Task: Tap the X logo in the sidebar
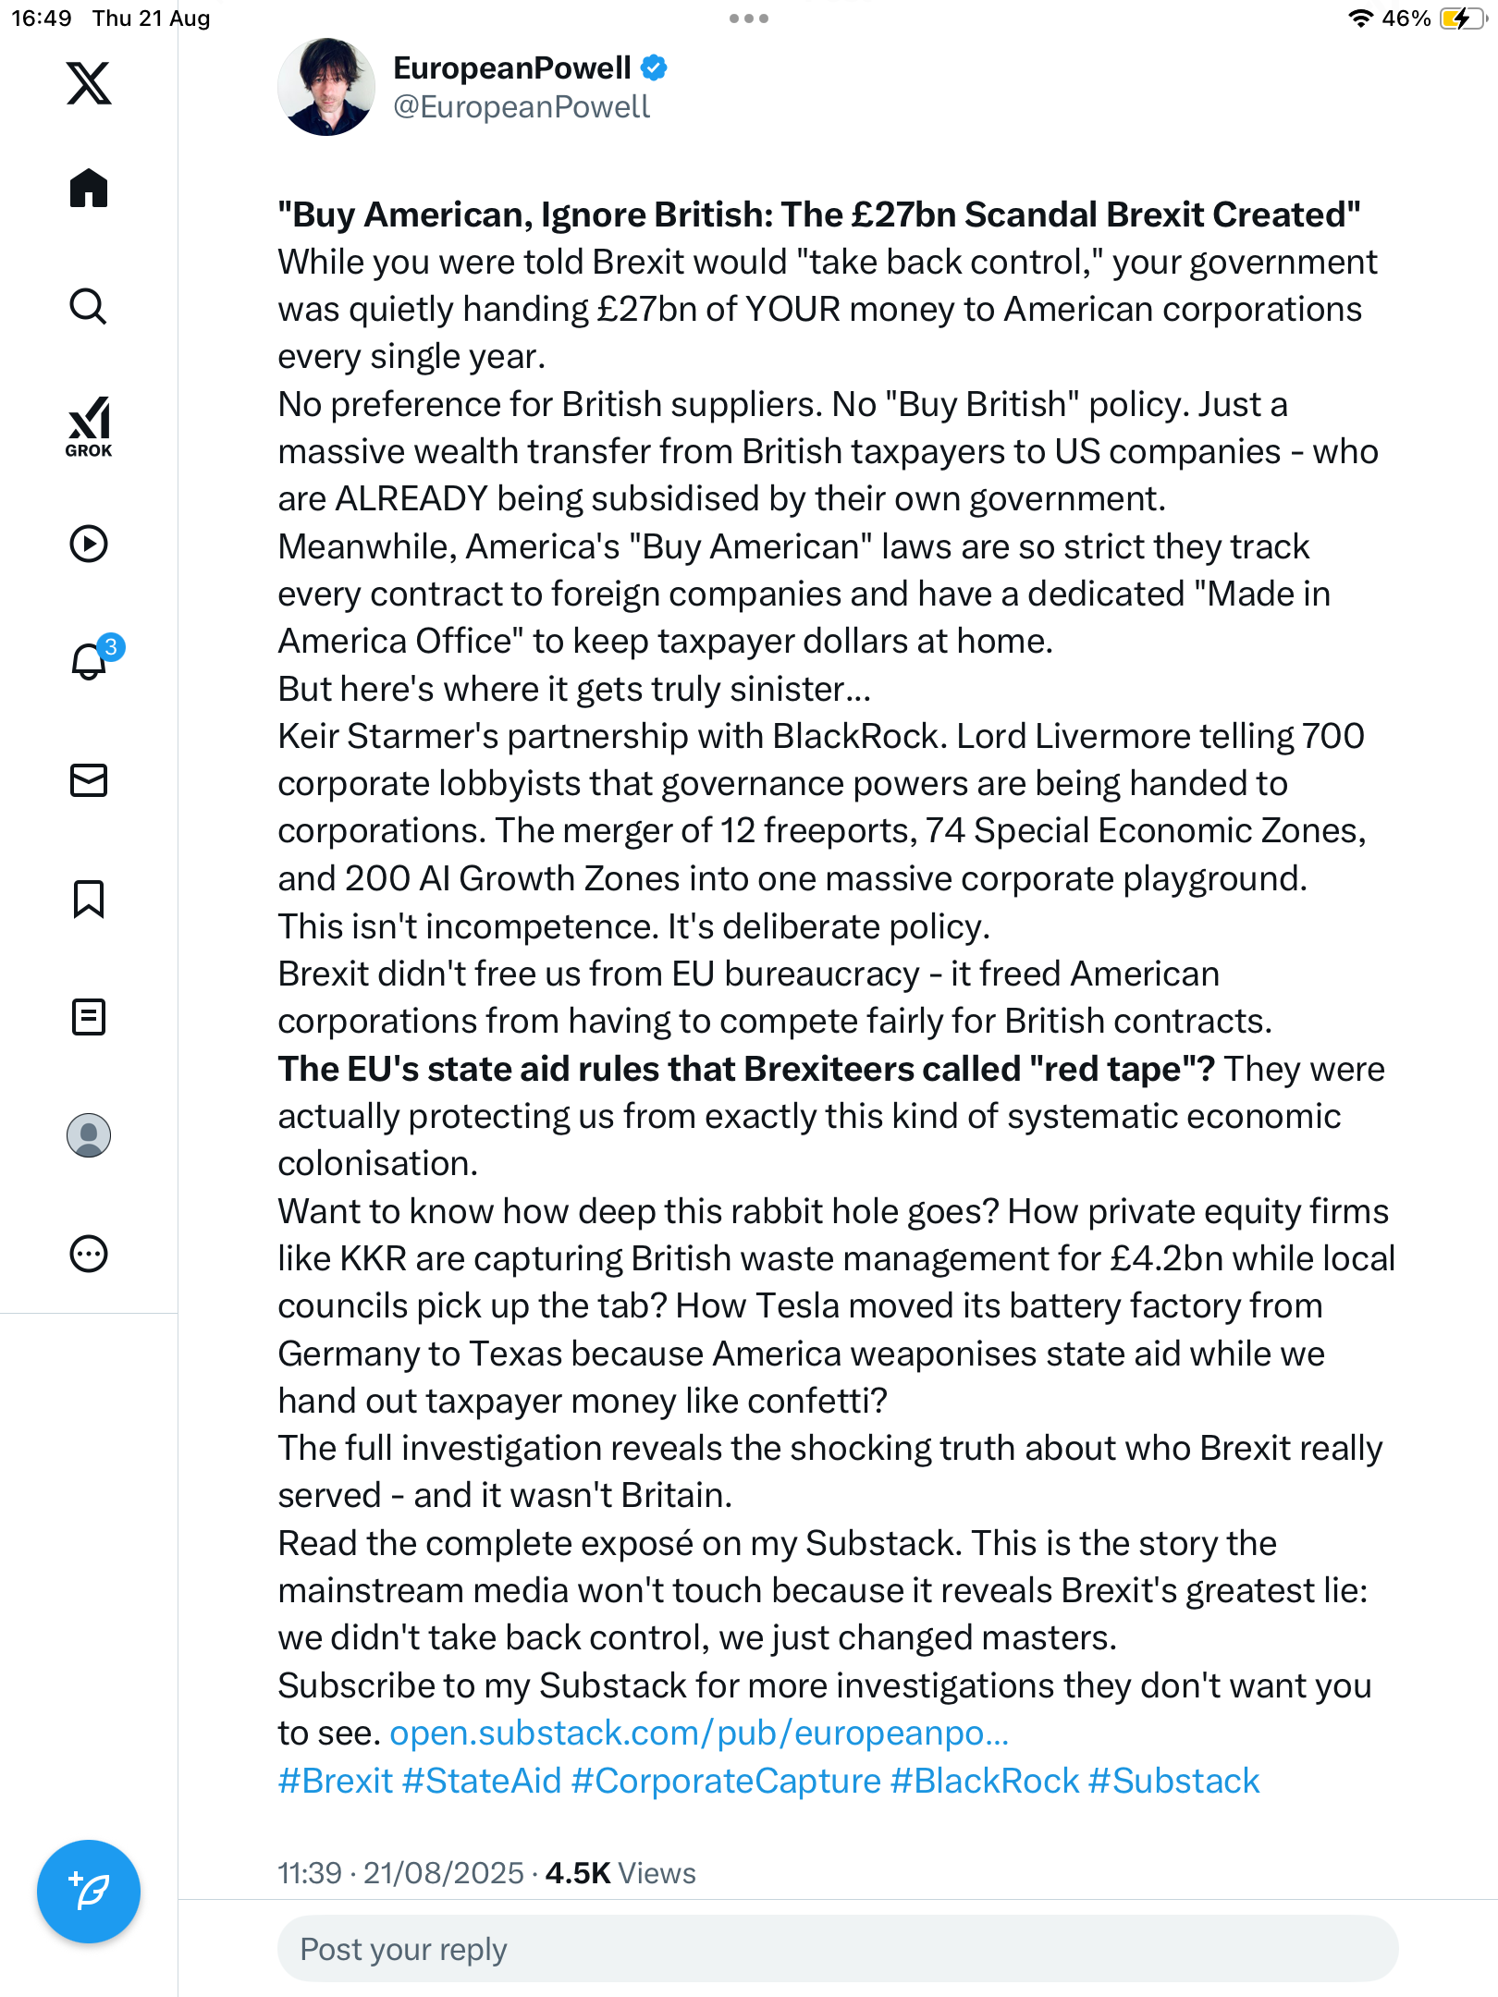click(89, 83)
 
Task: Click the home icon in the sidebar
click(89, 189)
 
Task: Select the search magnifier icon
click(89, 306)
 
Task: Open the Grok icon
click(89, 426)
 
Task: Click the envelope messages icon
click(89, 780)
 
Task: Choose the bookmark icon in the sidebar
click(89, 899)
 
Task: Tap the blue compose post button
click(89, 1892)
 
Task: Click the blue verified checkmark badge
click(655, 68)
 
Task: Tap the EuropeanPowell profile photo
click(326, 87)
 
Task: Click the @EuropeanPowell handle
click(522, 107)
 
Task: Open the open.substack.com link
click(699, 1734)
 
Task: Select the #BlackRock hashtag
click(984, 1782)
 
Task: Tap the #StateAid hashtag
click(483, 1782)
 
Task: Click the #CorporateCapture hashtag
click(726, 1782)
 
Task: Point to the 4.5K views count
click(620, 1873)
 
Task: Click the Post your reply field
click(838, 1949)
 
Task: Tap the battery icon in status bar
click(1461, 18)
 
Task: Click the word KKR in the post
click(374, 1259)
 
